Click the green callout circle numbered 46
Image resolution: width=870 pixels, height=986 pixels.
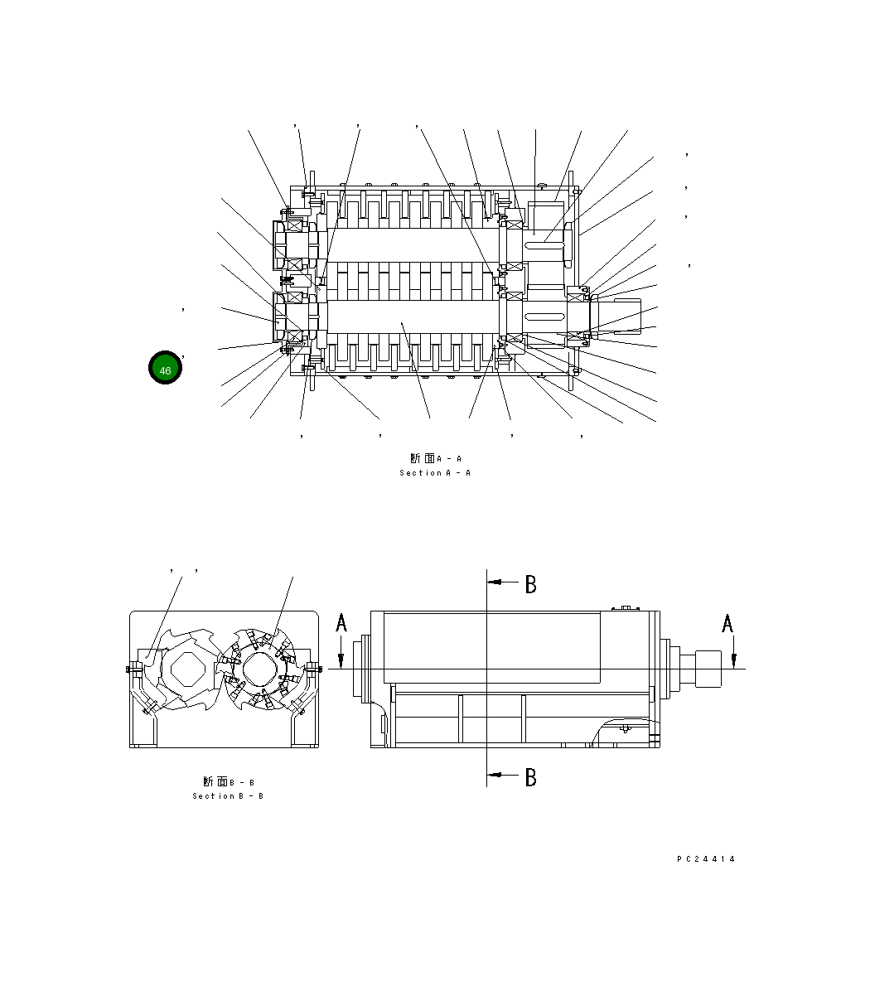[x=165, y=368]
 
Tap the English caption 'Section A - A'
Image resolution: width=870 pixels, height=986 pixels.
[x=435, y=473]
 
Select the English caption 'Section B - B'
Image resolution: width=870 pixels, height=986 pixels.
[x=228, y=796]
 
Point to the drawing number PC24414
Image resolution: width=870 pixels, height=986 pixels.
[x=706, y=859]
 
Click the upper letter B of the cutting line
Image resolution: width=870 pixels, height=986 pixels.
[x=530, y=584]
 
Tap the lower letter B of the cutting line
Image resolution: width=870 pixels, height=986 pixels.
[x=530, y=777]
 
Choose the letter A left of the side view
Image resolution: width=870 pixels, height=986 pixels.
[x=341, y=623]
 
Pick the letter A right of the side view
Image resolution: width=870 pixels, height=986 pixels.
[x=727, y=623]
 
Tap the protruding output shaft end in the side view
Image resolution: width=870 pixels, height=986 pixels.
[x=708, y=669]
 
